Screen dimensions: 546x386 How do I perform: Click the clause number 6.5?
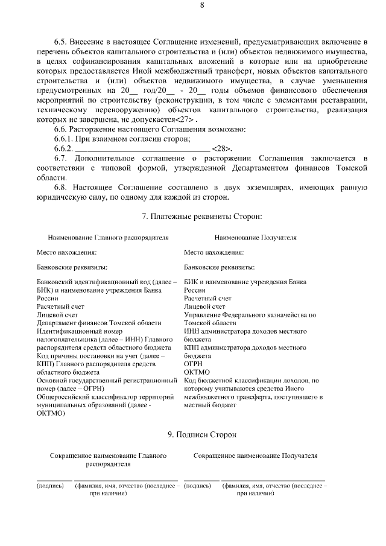(x=60, y=42)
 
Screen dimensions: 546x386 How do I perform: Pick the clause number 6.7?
(x=60, y=158)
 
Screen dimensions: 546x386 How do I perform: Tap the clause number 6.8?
(x=60, y=187)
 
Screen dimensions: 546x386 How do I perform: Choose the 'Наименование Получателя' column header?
(x=255, y=238)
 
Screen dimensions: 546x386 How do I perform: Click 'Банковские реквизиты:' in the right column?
(x=219, y=267)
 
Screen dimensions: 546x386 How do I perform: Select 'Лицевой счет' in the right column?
(x=204, y=306)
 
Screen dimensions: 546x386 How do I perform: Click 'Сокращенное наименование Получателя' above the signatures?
(x=255, y=456)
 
